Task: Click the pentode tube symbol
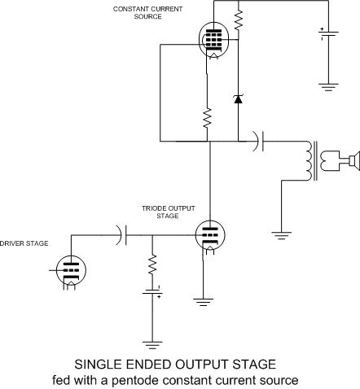point(214,40)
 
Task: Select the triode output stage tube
point(210,235)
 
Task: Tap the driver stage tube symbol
point(71,270)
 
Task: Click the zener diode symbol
point(239,99)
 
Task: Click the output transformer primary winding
point(310,160)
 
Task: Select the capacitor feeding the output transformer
point(258,141)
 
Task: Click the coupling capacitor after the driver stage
point(121,235)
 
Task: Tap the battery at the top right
point(328,33)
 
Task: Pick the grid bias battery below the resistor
point(152,292)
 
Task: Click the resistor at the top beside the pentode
point(239,20)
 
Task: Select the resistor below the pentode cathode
point(207,118)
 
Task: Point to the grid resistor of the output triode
point(152,264)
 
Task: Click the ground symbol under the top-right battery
point(328,87)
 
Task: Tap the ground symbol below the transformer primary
point(282,235)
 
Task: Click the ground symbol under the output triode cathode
point(203,302)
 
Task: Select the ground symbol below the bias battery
point(152,345)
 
